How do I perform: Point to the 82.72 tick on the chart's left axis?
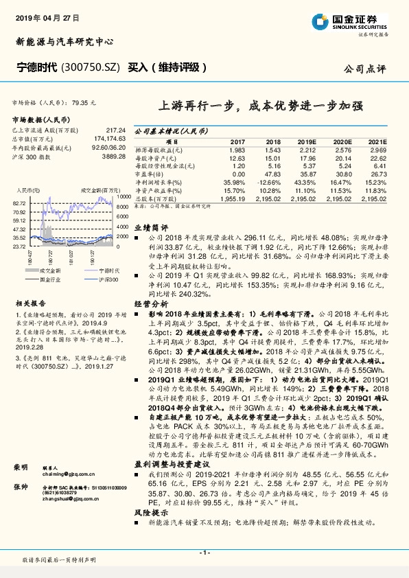[x=19, y=203]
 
